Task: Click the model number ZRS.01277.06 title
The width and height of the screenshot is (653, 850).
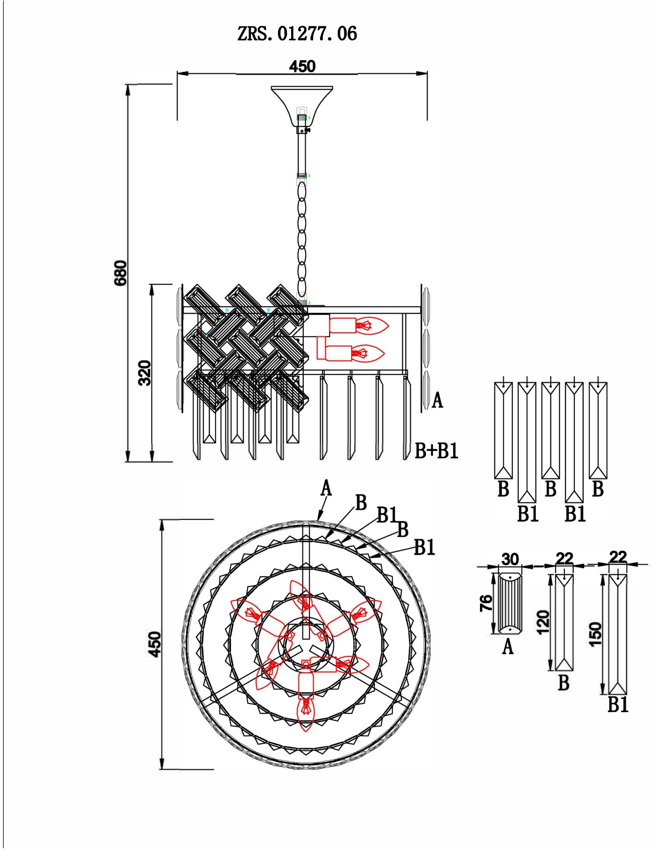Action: (297, 34)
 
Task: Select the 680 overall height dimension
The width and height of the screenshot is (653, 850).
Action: (121, 273)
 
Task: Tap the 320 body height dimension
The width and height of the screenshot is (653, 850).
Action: (144, 373)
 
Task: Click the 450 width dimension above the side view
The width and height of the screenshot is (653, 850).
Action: (302, 66)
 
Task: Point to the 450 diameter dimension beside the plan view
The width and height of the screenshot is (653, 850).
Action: (155, 644)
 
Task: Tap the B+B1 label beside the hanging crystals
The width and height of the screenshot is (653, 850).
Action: (437, 451)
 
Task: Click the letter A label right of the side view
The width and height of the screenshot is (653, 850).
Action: (437, 400)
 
